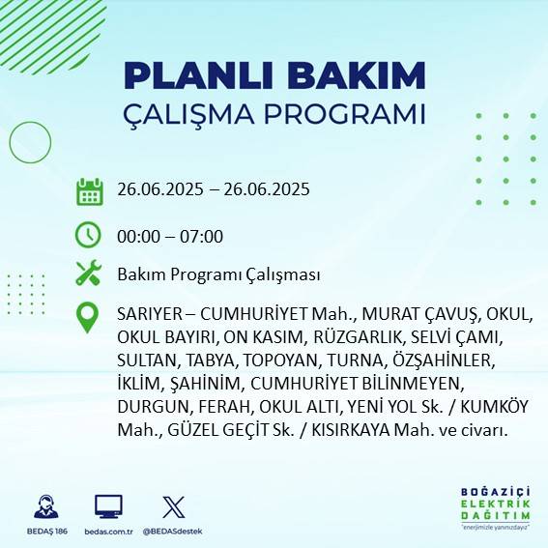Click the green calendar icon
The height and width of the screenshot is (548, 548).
(x=89, y=190)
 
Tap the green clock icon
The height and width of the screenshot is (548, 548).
(x=89, y=234)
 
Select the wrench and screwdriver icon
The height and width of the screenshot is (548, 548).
(x=89, y=274)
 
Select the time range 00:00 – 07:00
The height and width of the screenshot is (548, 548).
(x=169, y=236)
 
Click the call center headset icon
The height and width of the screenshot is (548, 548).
(x=44, y=505)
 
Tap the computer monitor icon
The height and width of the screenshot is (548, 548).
(x=108, y=505)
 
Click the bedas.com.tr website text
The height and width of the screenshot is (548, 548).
(x=108, y=530)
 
